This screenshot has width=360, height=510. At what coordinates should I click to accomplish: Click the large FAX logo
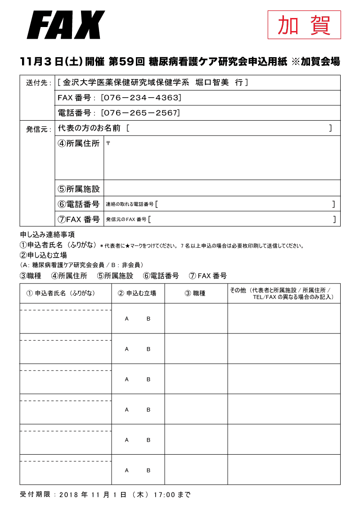[x=66, y=25]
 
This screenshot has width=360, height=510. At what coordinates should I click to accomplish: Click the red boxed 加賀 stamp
[x=304, y=25]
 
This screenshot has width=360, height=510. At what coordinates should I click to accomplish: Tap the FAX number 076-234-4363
[x=141, y=98]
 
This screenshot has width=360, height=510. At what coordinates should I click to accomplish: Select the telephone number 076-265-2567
[x=140, y=113]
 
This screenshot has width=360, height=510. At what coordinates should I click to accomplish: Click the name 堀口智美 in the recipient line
[x=212, y=83]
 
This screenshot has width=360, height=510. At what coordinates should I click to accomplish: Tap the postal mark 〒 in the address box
[x=108, y=143]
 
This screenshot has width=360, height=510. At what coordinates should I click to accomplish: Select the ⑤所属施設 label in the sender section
[x=78, y=189]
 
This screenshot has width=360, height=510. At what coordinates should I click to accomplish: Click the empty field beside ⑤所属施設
[x=222, y=188]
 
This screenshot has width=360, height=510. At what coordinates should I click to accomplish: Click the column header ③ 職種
[x=195, y=293]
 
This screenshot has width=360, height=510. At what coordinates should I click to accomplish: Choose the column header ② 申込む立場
[x=137, y=293]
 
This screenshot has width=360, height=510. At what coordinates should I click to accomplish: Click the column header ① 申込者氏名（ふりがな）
[x=61, y=293]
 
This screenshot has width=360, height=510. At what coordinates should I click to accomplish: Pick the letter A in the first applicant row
[x=127, y=319]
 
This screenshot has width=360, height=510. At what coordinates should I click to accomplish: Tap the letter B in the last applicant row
[x=148, y=470]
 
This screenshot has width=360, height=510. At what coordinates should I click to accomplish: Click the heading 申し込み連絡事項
[x=47, y=235]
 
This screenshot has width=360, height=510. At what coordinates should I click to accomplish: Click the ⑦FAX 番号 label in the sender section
[x=78, y=219]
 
